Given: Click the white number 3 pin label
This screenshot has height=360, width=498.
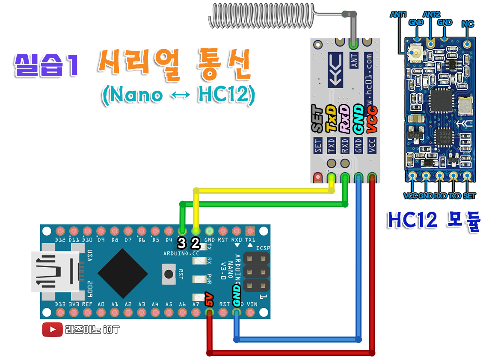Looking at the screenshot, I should point(182,244).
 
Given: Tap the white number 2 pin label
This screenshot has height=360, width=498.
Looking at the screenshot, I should point(195,244).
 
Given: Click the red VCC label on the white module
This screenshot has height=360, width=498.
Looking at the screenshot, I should point(372,118).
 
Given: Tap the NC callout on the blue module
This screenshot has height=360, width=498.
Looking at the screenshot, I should point(468,24).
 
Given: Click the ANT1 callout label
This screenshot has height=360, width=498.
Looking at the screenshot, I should point(398,15).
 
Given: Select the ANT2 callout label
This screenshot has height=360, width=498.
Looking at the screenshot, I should point(431,15).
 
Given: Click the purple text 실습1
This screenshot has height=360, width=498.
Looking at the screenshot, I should point(46,65).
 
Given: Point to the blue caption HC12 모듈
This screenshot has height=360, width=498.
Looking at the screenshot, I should point(434,220).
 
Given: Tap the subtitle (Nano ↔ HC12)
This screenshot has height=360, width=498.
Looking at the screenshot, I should point(178,94).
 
